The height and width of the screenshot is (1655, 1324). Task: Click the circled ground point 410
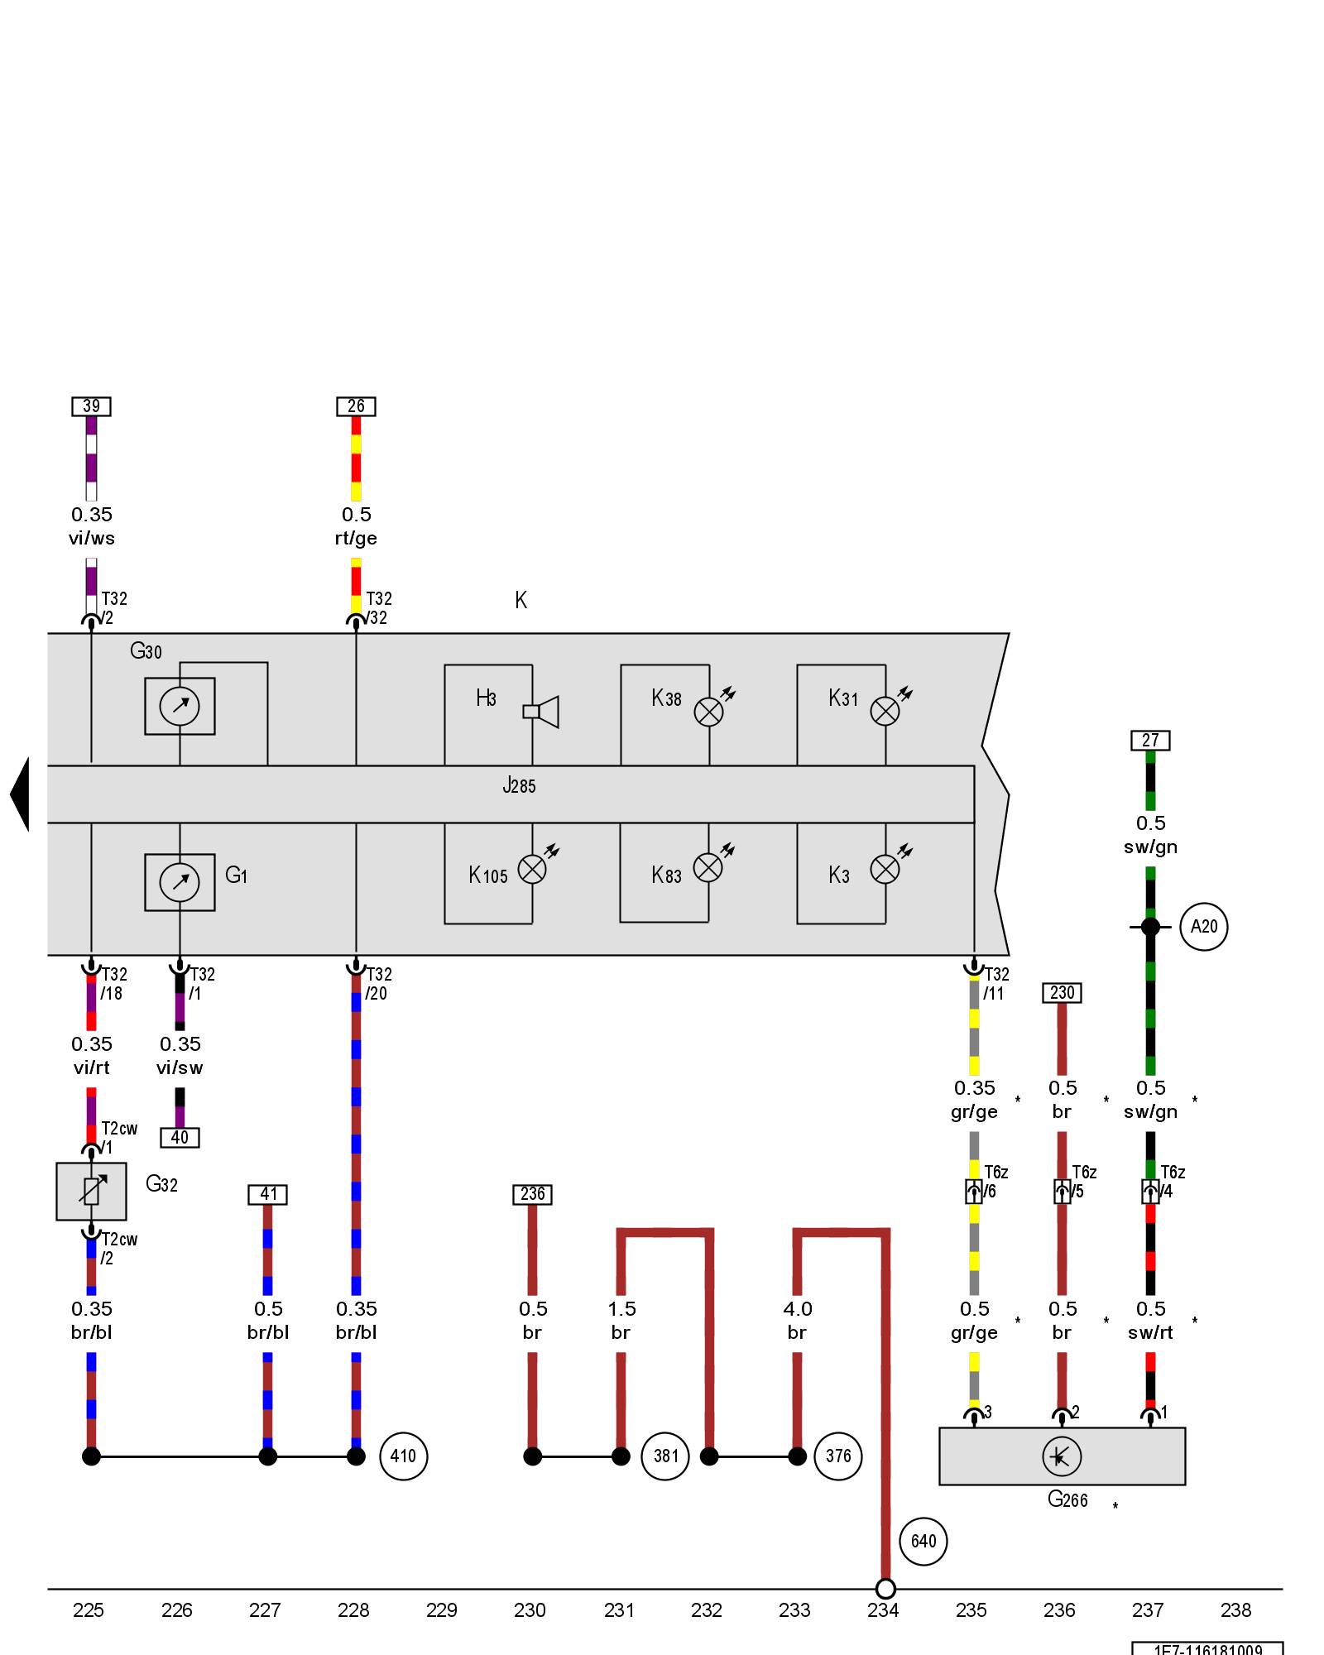[403, 1456]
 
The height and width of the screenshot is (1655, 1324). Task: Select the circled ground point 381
[665, 1456]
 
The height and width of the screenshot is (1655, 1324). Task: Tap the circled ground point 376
[837, 1456]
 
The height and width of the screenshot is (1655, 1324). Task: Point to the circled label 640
[923, 1541]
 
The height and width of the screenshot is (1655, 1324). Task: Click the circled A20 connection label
[1203, 927]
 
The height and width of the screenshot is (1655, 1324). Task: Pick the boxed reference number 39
[91, 406]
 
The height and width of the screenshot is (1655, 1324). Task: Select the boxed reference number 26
[356, 406]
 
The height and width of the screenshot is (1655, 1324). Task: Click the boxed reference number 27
[1150, 740]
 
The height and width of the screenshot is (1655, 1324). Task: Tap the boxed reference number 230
[1062, 992]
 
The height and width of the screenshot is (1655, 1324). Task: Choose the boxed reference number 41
[268, 1194]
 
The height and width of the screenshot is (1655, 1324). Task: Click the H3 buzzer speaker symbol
[542, 712]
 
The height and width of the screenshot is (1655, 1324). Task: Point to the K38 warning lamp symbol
[708, 712]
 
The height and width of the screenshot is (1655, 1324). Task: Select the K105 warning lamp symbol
[532, 869]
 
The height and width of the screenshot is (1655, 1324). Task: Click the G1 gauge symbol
[180, 882]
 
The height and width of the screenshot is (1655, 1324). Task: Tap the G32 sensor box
[91, 1192]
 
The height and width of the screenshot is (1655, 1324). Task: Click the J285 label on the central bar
[520, 785]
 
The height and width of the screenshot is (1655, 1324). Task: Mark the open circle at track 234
[885, 1589]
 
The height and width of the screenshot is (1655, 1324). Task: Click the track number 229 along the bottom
[441, 1610]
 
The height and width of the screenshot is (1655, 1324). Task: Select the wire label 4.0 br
[797, 1320]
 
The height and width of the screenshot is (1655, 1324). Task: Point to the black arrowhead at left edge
[20, 794]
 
